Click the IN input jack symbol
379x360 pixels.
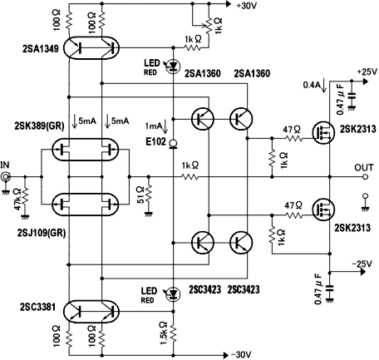point(6,176)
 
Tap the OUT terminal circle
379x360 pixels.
point(365,176)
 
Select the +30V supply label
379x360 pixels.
point(247,6)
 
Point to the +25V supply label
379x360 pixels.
point(367,72)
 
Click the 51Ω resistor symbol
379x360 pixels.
point(149,194)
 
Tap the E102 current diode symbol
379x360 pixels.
point(174,145)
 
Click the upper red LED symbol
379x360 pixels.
point(174,67)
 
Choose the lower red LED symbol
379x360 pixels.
point(174,293)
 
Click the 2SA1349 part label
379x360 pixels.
point(41,49)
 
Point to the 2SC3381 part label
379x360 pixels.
point(37,307)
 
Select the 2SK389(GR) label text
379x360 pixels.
point(39,126)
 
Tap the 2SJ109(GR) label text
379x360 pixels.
point(42,234)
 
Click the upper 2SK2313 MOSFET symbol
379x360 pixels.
point(323,132)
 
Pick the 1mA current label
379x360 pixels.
point(153,126)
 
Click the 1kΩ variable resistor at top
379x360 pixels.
point(209,25)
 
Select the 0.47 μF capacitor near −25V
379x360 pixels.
point(329,288)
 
